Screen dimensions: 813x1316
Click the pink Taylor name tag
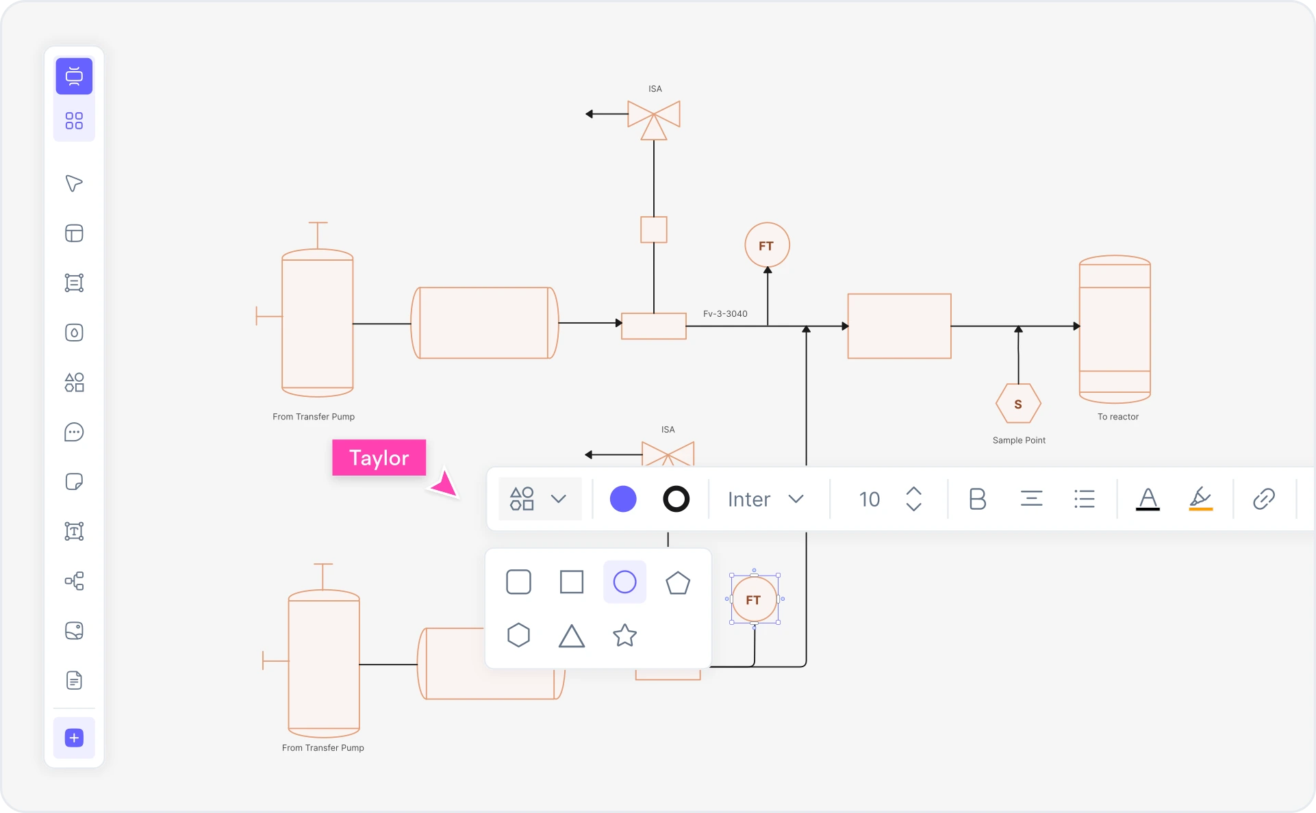pos(379,457)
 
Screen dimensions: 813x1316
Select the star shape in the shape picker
pos(624,635)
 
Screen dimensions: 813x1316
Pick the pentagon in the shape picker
pos(677,582)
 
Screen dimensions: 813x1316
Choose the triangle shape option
pos(571,636)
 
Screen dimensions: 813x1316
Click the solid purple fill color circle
pos(622,499)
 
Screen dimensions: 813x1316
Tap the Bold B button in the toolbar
pos(977,499)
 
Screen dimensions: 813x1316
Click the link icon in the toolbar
pos(1263,499)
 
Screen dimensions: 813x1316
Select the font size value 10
pos(869,499)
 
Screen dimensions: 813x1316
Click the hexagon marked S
pos(1017,404)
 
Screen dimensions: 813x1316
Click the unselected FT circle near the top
pos(766,245)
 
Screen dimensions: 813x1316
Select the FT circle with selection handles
pos(753,599)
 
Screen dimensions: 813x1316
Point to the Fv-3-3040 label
pos(725,313)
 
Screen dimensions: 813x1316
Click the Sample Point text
pos(1019,440)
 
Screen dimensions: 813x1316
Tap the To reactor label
pos(1117,416)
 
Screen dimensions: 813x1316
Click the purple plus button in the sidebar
pos(74,738)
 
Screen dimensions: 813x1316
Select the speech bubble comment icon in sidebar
pos(74,432)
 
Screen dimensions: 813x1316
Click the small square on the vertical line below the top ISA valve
pos(653,229)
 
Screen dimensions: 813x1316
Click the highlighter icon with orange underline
pos(1200,499)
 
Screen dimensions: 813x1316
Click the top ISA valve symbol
pos(653,117)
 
